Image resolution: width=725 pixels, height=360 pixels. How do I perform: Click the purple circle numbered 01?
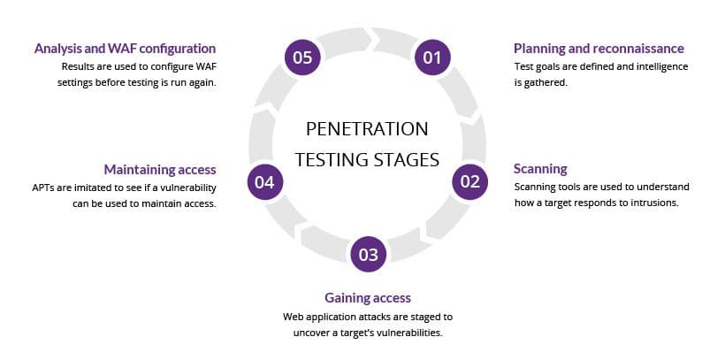[431, 58]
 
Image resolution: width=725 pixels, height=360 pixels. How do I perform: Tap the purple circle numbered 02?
[470, 181]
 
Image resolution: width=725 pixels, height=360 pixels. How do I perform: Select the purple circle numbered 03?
[368, 256]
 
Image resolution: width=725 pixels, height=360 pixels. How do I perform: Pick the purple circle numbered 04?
[265, 182]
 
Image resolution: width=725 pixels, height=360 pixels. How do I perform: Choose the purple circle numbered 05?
[303, 57]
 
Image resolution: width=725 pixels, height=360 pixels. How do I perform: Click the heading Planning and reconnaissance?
[599, 48]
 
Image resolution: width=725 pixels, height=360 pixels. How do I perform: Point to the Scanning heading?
[540, 168]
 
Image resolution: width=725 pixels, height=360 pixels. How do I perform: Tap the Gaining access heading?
[367, 297]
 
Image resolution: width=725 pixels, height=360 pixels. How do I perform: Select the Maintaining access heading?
[160, 169]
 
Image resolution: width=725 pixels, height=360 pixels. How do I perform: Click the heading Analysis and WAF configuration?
[125, 48]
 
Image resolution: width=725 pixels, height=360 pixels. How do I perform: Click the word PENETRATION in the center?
[367, 129]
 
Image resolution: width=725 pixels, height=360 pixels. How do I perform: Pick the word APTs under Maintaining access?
[45, 187]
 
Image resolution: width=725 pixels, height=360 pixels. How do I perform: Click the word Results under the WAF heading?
[78, 66]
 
